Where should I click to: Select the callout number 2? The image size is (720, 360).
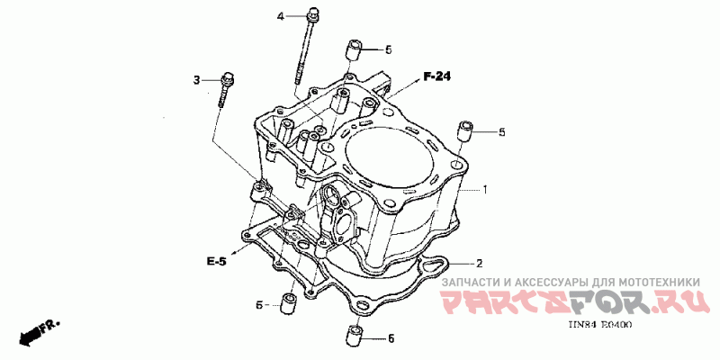coord(480,263)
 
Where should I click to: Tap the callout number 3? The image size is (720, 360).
coord(195,82)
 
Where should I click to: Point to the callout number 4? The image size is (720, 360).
coord(280,16)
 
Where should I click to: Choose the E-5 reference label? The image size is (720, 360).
coord(216,261)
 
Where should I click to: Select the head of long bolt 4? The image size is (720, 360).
coord(312,14)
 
